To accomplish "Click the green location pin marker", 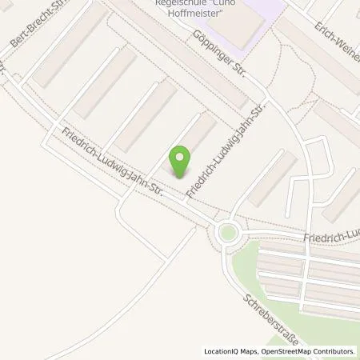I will pos(182,159).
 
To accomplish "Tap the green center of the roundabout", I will pos(228,234).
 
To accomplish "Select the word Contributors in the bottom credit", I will pos(330,350).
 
